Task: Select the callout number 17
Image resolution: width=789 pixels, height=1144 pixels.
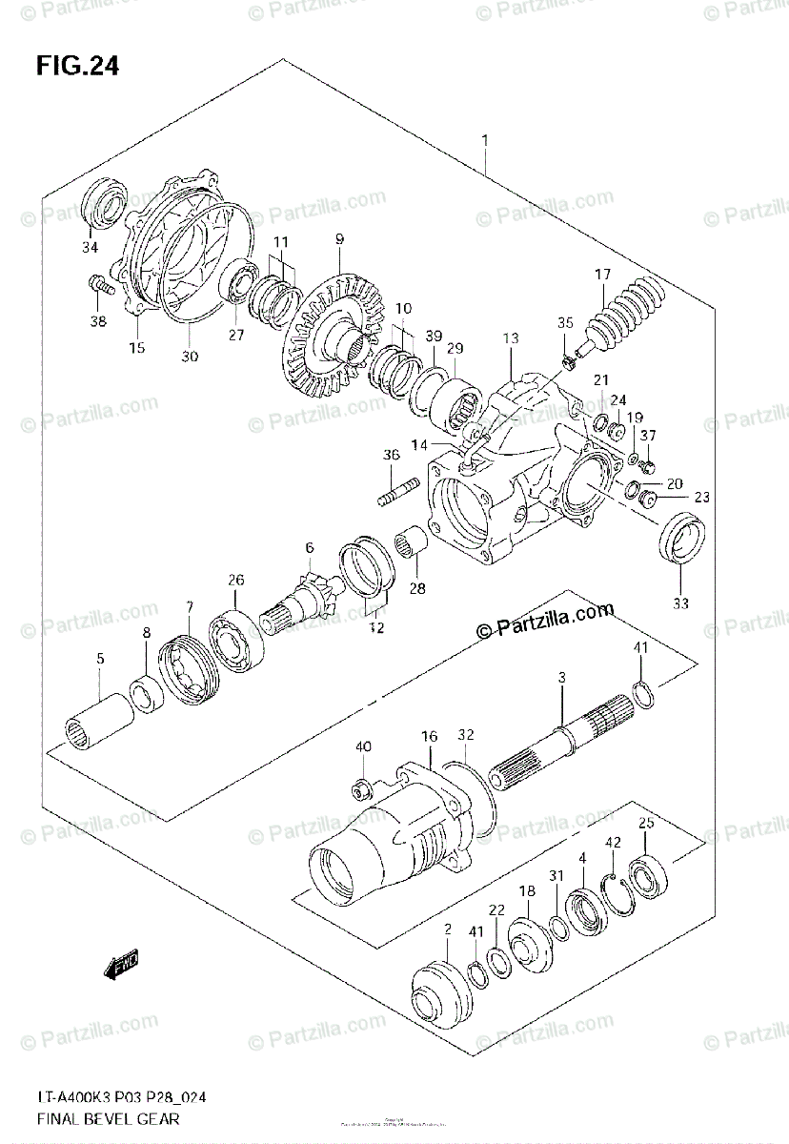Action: pos(602,276)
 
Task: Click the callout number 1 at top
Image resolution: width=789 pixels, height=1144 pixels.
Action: pos(484,140)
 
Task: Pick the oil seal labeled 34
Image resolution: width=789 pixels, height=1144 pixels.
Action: pos(104,203)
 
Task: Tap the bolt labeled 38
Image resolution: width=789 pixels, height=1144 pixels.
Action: pos(100,283)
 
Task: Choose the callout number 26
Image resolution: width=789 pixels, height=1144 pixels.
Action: pos(235,579)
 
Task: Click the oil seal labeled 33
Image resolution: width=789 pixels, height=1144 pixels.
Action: pos(680,540)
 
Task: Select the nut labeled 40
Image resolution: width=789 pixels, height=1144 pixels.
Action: pos(361,786)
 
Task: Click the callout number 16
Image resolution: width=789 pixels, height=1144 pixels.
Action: pos(430,736)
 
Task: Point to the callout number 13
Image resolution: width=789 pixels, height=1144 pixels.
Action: pos(511,338)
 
